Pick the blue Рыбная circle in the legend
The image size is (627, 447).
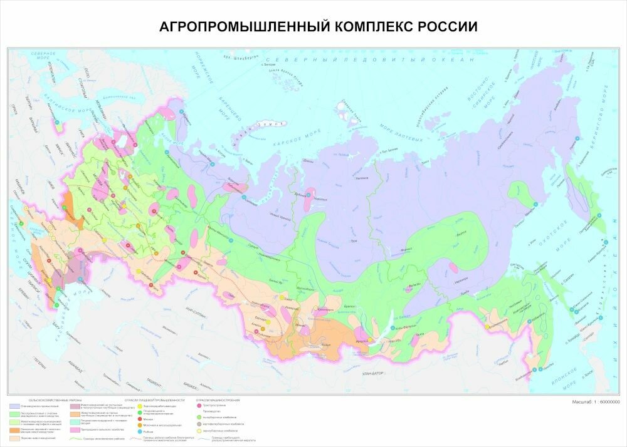tap(139, 431)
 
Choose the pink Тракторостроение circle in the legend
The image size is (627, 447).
tap(199, 406)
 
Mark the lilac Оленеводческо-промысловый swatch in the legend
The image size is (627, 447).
tap(14, 406)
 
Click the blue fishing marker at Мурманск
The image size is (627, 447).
tap(182, 113)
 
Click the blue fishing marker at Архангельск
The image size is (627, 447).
tap(212, 163)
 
